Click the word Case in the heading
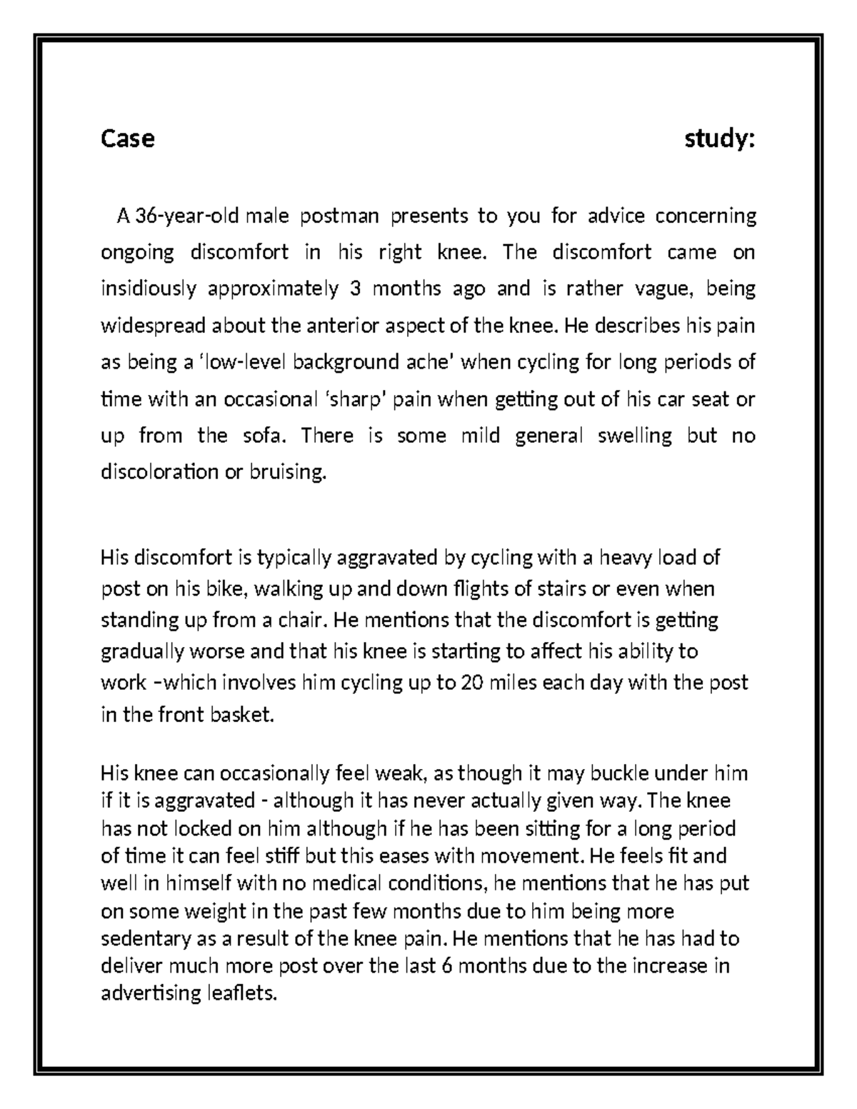tap(128, 138)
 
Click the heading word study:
tap(720, 138)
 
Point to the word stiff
tap(302, 856)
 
